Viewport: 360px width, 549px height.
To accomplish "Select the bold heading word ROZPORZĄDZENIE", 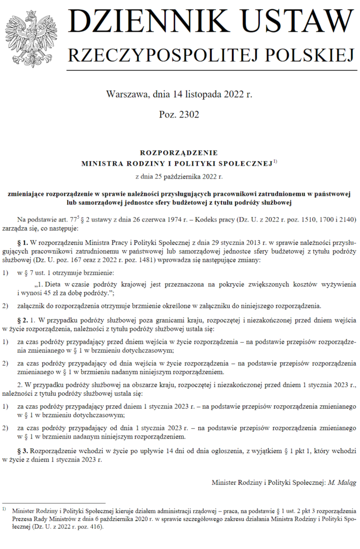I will pyautogui.click(x=179, y=152).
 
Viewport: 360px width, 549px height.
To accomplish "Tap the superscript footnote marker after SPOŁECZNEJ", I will pyautogui.click(x=275, y=161).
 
